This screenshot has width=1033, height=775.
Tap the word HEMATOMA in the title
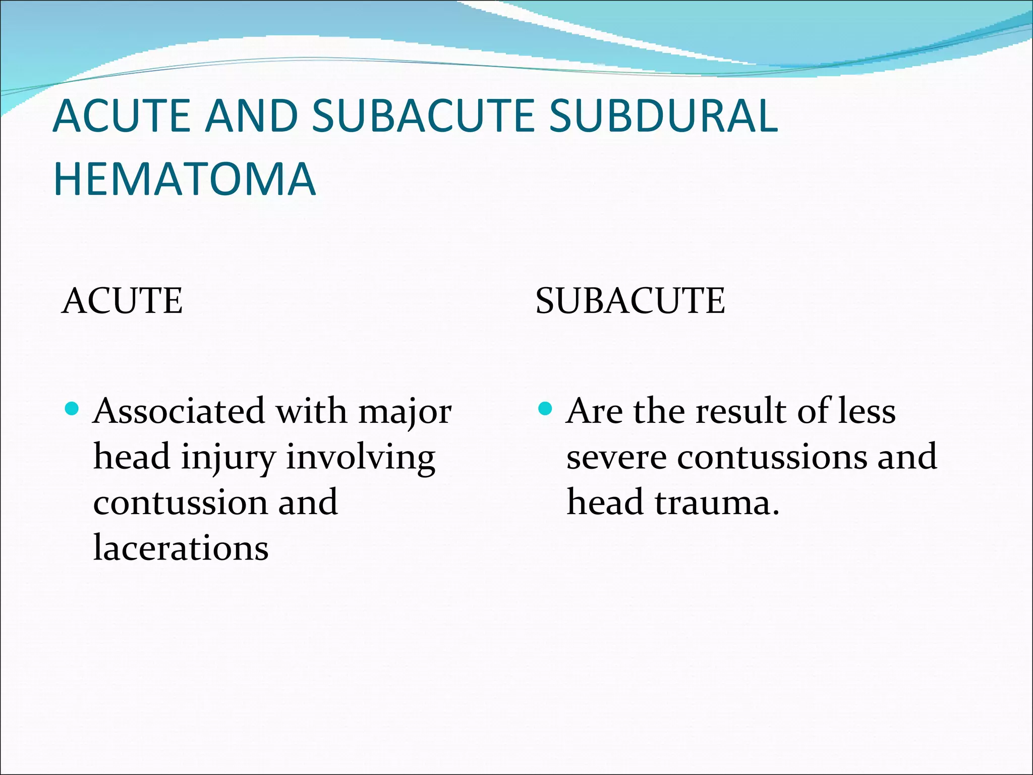(x=185, y=179)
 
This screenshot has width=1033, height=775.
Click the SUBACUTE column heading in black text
(x=630, y=301)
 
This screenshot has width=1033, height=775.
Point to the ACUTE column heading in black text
(x=122, y=301)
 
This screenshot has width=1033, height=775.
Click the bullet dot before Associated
(x=72, y=408)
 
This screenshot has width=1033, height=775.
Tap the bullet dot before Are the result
(x=545, y=408)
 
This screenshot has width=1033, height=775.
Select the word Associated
(x=179, y=411)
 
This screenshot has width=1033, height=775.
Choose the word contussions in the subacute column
(x=772, y=457)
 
